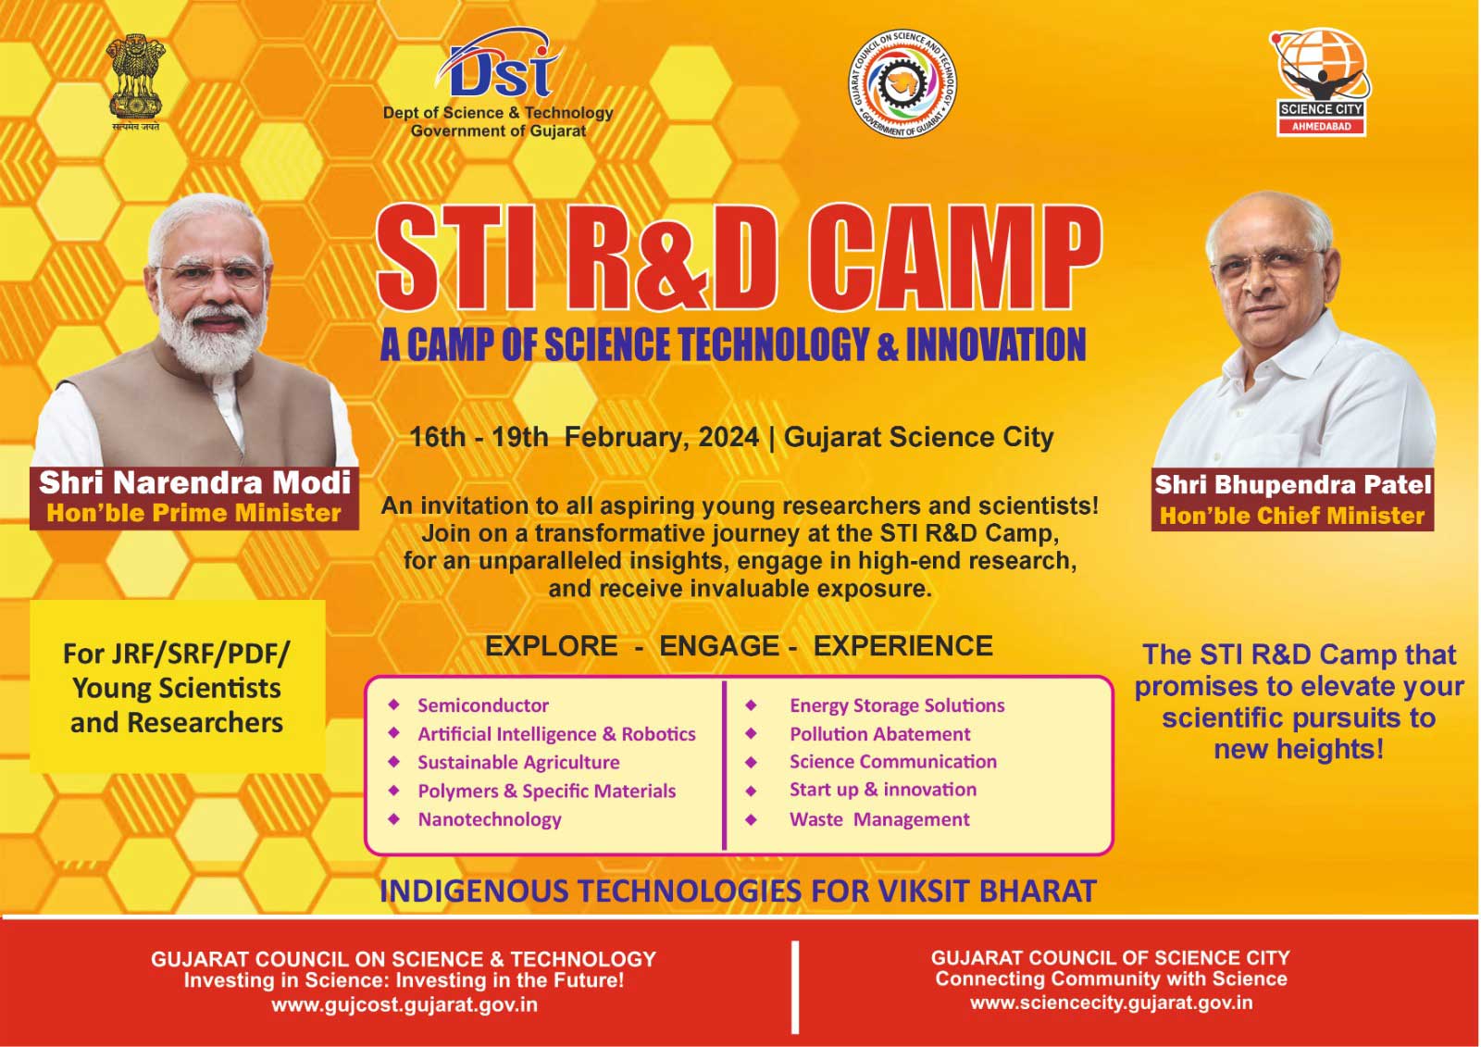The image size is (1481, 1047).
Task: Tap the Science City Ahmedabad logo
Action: pos(1320,82)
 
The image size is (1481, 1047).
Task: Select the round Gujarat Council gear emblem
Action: pos(902,83)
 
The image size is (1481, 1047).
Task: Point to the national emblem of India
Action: pos(136,82)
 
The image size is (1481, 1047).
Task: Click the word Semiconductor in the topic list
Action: pos(482,705)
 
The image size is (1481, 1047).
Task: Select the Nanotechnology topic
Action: pos(490,819)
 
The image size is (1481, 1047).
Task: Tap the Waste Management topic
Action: pos(879,819)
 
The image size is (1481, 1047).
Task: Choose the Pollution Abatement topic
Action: pos(879,734)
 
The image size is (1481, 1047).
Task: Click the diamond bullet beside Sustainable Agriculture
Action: pos(394,762)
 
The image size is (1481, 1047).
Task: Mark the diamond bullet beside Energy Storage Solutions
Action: pos(751,705)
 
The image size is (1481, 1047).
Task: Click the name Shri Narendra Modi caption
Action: pos(194,483)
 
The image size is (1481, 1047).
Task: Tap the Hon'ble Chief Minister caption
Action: pos(1292,516)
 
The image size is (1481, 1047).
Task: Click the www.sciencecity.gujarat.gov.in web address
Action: pos(1111,1003)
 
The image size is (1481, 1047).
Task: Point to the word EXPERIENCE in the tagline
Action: pos(902,645)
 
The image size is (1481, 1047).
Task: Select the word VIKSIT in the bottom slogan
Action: pos(924,891)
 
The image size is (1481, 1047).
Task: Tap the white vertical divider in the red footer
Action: pos(795,987)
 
